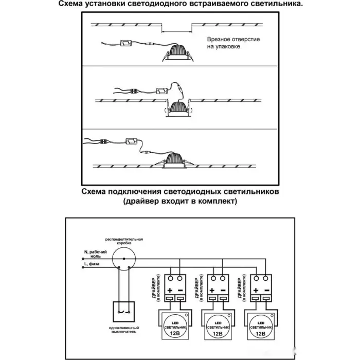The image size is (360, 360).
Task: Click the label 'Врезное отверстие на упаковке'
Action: [227, 43]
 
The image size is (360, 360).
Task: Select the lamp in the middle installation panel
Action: [178, 109]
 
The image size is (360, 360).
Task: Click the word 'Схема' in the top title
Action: [72, 4]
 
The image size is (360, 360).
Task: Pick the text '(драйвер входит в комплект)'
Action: [180, 202]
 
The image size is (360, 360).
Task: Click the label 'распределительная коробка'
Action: [124, 242]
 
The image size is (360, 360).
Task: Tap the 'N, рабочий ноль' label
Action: [96, 254]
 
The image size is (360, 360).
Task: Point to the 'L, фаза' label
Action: [92, 264]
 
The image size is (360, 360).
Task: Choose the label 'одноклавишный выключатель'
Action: [123, 330]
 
